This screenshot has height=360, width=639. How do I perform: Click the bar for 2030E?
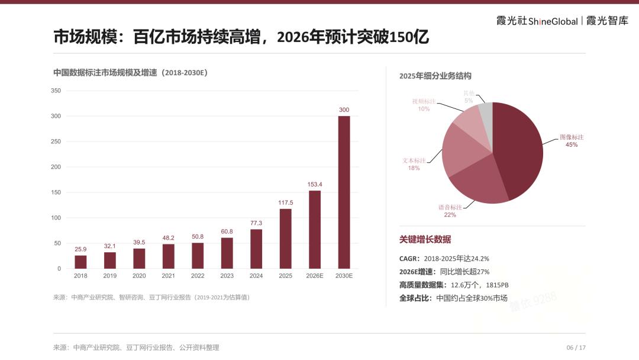pyautogui.click(x=344, y=192)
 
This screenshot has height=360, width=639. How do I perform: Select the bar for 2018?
pyautogui.click(x=80, y=262)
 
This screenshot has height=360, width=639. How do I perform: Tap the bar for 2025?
pyautogui.click(x=286, y=239)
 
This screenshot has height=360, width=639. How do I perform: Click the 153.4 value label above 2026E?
pyautogui.click(x=315, y=184)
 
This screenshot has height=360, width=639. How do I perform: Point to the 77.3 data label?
pyautogui.click(x=256, y=223)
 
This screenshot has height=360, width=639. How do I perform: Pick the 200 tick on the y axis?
pyautogui.click(x=56, y=167)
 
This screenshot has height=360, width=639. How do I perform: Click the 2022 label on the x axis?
pyautogui.click(x=198, y=275)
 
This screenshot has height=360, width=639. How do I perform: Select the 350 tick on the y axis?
pyautogui.click(x=56, y=91)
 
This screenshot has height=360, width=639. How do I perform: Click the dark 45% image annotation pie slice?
pyautogui.click(x=519, y=151)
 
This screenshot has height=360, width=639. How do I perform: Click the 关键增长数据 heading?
pyautogui.click(x=425, y=239)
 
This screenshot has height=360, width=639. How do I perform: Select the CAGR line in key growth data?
pyautogui.click(x=444, y=259)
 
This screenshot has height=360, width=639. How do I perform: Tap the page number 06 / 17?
pyautogui.click(x=576, y=348)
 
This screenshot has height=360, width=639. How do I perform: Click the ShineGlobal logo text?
pyautogui.click(x=553, y=21)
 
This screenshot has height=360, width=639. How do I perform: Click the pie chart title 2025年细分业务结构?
pyautogui.click(x=435, y=76)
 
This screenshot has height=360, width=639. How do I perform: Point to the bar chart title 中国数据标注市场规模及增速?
pyautogui.click(x=105, y=73)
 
